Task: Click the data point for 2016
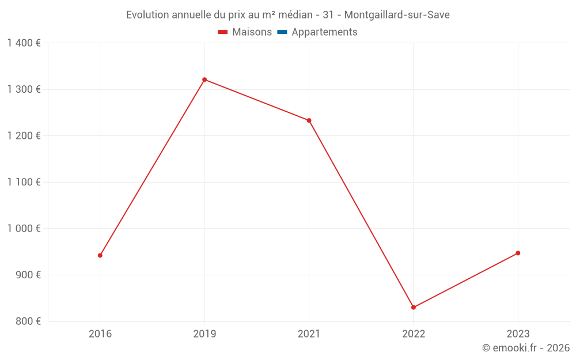[100, 255]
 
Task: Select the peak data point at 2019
[204, 79]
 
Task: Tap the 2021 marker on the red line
[309, 120]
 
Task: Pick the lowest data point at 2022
[414, 307]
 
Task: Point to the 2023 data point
[518, 253]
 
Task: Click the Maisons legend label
[252, 32]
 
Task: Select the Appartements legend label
[324, 32]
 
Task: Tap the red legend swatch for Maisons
[223, 32]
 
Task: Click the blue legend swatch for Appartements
[282, 32]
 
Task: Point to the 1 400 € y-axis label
[24, 43]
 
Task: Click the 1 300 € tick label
[24, 89]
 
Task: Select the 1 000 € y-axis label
[24, 228]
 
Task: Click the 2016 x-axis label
[100, 334]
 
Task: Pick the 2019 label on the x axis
[204, 334]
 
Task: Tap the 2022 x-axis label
[414, 334]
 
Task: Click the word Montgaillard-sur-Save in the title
[397, 15]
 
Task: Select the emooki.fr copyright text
[526, 348]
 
